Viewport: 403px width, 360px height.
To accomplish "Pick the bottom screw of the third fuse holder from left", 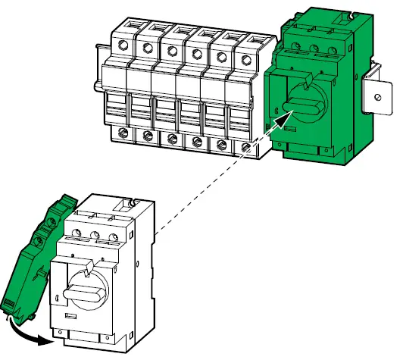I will [x=173, y=139].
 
